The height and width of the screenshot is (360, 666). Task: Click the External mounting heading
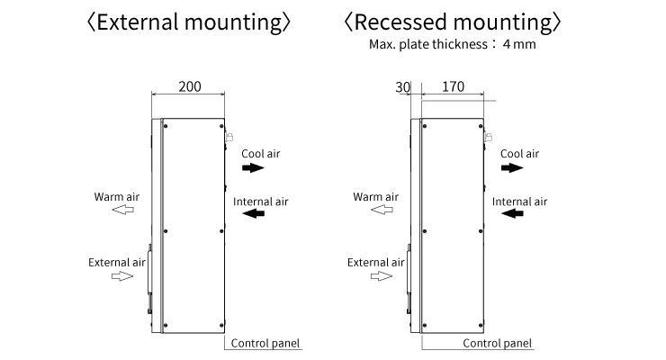tap(186, 22)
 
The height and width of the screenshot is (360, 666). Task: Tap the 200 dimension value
tap(189, 86)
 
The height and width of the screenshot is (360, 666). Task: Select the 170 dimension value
tap(454, 86)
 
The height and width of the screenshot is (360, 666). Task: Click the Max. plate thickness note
tap(452, 44)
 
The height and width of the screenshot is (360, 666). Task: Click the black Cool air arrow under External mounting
tap(252, 168)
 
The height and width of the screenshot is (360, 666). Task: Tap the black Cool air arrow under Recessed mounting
tap(511, 168)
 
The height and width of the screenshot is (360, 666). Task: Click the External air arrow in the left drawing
tap(121, 277)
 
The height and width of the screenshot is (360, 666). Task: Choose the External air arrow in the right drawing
tap(381, 277)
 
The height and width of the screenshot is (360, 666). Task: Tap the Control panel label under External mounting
tap(265, 343)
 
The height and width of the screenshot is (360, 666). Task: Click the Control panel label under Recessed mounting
tap(498, 343)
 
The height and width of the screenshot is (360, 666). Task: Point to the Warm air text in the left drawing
tap(117, 196)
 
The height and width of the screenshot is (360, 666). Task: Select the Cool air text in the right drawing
tap(519, 154)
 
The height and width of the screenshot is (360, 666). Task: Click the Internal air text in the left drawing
tap(261, 202)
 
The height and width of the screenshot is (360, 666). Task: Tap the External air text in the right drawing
tap(376, 263)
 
